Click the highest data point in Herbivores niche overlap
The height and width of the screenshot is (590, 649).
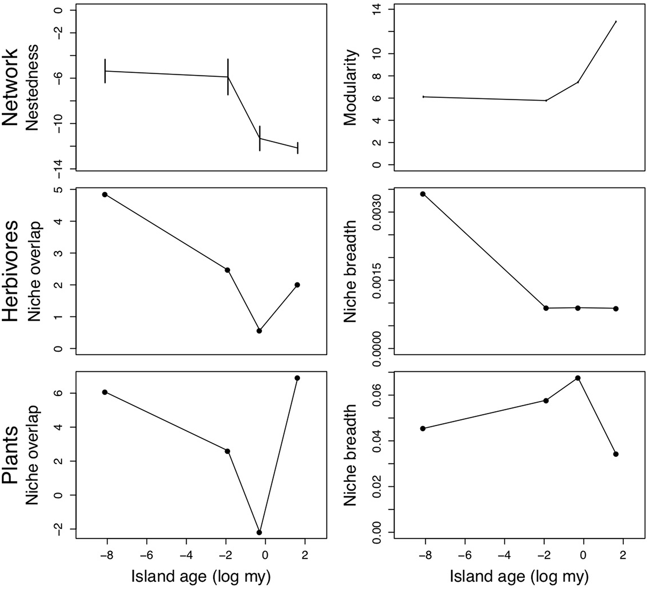point(105,195)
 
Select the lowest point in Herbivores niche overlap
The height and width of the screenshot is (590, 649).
point(260,331)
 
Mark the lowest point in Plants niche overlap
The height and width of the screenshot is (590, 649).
point(260,532)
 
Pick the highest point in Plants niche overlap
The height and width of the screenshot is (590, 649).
point(297,378)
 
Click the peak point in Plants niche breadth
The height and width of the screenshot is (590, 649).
point(578,378)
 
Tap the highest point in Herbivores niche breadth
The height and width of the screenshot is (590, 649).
point(423,194)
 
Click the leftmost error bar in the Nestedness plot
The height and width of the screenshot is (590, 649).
point(105,71)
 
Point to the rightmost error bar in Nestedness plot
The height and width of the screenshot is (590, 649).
point(297,148)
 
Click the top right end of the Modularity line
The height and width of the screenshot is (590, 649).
point(616,22)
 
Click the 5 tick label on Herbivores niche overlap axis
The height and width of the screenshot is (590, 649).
point(59,189)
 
